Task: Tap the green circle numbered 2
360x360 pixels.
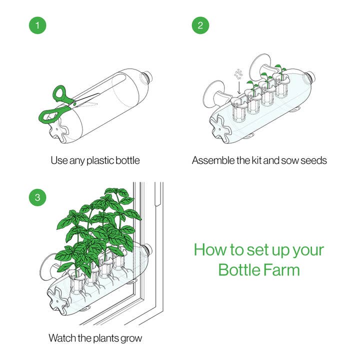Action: coord(200,25)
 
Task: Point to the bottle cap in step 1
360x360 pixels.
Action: coord(147,77)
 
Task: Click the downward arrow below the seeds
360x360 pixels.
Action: coord(239,87)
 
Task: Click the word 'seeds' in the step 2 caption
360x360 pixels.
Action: coord(313,160)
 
